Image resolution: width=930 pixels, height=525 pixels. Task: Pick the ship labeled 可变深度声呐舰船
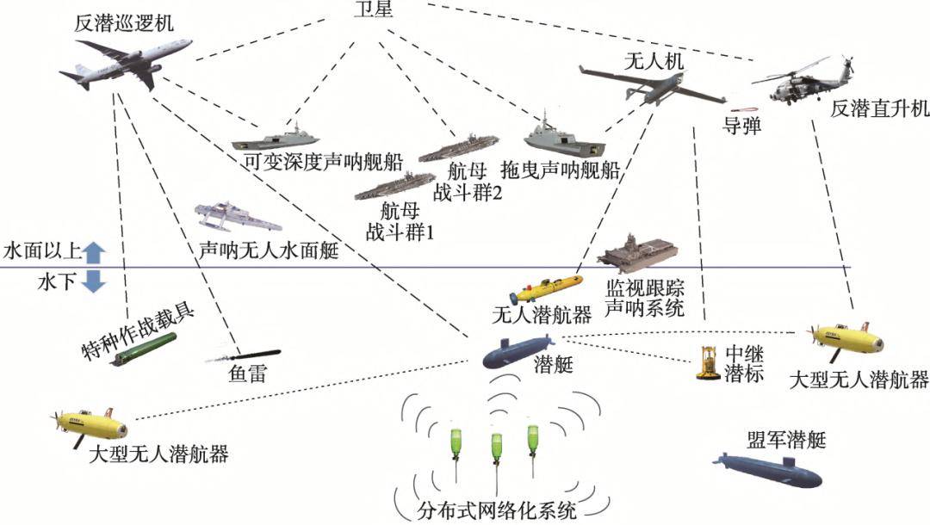click(276, 138)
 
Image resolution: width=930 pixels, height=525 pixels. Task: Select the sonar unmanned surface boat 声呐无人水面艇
click(238, 217)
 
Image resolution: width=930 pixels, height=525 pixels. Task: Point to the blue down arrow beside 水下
click(94, 281)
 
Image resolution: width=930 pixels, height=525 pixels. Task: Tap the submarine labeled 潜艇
click(515, 353)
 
